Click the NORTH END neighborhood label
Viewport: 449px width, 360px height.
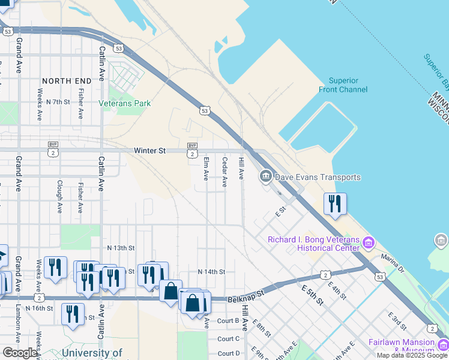click(x=67, y=80)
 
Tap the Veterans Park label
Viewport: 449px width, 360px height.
click(x=125, y=103)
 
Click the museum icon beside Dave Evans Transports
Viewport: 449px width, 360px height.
click(x=265, y=176)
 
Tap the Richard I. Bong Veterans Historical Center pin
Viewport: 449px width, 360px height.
click(x=369, y=242)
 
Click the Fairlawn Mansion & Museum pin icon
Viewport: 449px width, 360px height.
click(x=442, y=345)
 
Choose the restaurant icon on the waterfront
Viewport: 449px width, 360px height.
click(x=335, y=203)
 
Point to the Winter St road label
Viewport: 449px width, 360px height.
click(x=149, y=151)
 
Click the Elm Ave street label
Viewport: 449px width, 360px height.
click(x=205, y=169)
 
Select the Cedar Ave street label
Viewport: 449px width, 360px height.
click(x=224, y=172)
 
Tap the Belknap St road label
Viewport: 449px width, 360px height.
click(x=246, y=296)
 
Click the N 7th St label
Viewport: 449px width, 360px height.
click(x=62, y=102)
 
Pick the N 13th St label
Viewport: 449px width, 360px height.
click(x=121, y=247)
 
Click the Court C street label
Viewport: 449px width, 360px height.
click(x=229, y=338)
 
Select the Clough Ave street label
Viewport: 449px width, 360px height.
click(x=59, y=197)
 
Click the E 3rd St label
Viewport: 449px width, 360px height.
click(x=397, y=320)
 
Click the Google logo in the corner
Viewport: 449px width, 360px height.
click(x=20, y=353)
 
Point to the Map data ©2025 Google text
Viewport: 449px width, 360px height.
click(x=412, y=355)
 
